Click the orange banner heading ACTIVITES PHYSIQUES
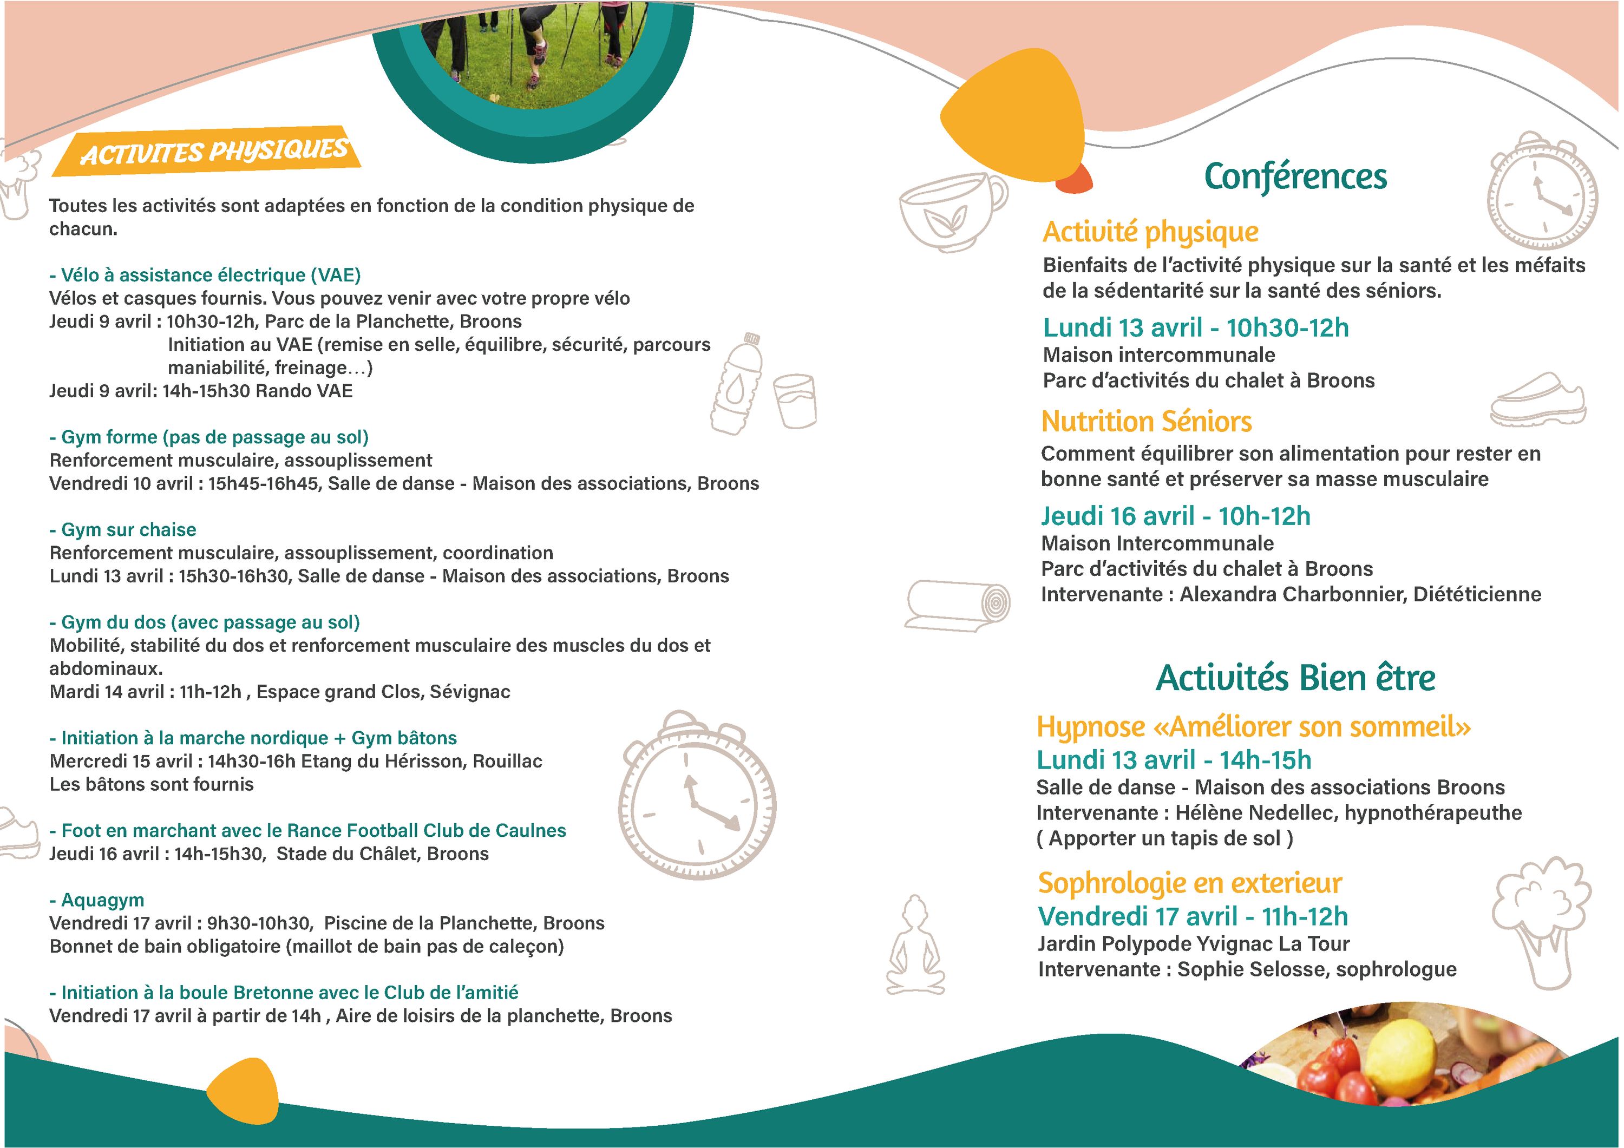pyautogui.click(x=212, y=152)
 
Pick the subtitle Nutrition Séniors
pyautogui.click(x=1146, y=422)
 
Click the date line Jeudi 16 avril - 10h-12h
pyautogui.click(x=1175, y=516)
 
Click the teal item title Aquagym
pyautogui.click(x=97, y=900)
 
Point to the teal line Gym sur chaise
pyautogui.click(x=123, y=529)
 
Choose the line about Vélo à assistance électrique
pyautogui.click(x=205, y=275)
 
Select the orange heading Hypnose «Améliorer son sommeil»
pyautogui.click(x=1253, y=727)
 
